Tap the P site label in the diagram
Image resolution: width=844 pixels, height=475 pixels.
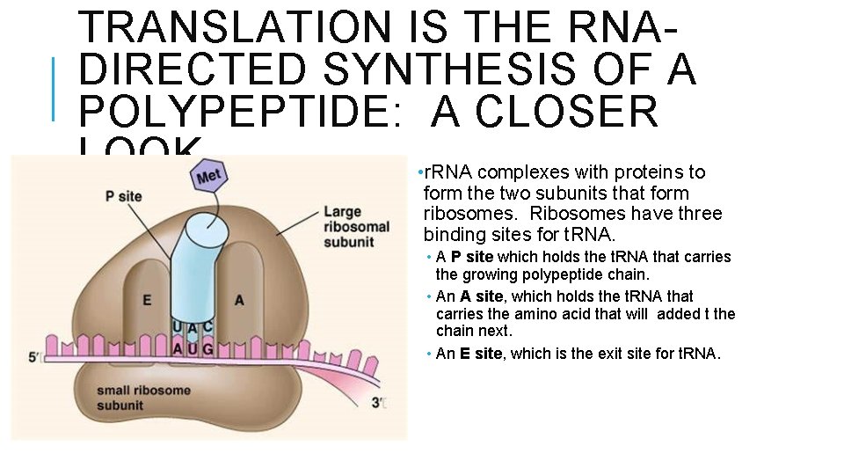tap(123, 196)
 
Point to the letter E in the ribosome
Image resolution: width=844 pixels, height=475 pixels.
tap(147, 301)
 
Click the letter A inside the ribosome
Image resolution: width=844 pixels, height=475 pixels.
tap(239, 301)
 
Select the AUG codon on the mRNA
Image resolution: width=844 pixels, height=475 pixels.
tap(193, 349)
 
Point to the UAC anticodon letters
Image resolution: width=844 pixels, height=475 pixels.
tap(193, 328)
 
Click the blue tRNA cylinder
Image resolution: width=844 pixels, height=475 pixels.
tap(201, 264)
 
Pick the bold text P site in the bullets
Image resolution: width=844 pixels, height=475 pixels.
tap(471, 257)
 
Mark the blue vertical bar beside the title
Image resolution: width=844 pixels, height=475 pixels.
tap(54, 88)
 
